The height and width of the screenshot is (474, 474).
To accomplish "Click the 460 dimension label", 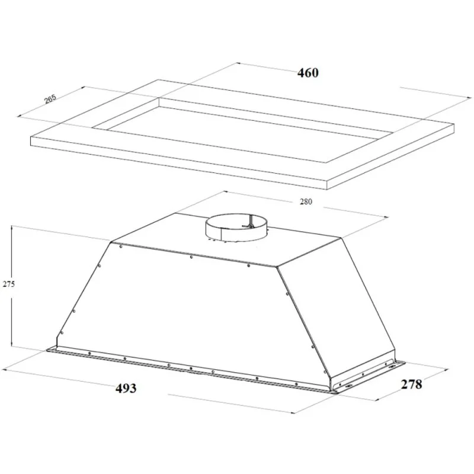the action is click(308, 73).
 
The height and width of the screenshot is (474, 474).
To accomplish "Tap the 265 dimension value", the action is click(50, 99).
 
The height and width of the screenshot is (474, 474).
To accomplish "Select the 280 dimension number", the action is click(306, 201).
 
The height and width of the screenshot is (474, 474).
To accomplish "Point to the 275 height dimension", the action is click(8, 284).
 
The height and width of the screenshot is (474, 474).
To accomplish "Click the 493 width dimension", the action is click(126, 388).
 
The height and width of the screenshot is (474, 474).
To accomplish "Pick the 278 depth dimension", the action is click(411, 384).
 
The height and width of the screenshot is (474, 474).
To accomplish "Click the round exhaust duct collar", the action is click(236, 228).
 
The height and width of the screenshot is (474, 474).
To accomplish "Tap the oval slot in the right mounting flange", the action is click(395, 367).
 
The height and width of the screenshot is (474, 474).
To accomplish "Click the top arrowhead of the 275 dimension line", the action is click(11, 228).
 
